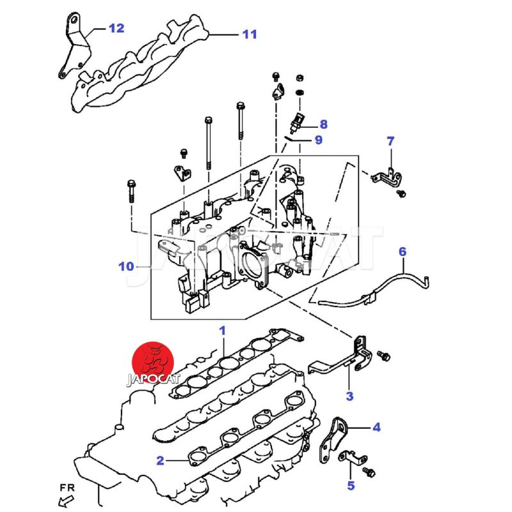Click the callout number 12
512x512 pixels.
click(116, 28)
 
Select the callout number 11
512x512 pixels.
click(249, 34)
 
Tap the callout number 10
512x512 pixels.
click(127, 266)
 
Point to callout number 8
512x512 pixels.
click(323, 124)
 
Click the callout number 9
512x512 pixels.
click(318, 140)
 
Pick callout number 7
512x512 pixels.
click(390, 141)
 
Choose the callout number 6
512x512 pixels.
click(403, 252)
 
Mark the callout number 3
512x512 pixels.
click(349, 396)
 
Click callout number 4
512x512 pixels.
click(376, 427)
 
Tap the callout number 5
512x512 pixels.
click(351, 486)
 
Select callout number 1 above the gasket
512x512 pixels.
click(223, 331)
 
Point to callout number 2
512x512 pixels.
click(161, 460)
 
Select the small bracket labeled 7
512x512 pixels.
click(388, 176)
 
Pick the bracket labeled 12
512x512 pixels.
click(71, 45)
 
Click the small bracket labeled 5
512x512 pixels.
click(352, 458)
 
